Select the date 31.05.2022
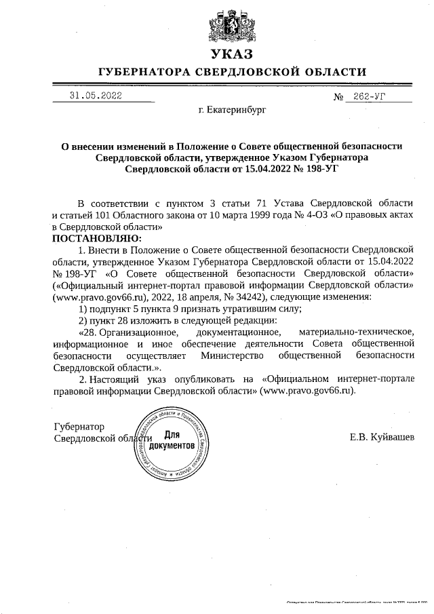(96, 96)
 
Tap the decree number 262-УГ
(369, 97)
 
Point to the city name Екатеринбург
(233, 109)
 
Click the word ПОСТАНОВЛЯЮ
(96, 239)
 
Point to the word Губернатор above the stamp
(79, 427)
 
